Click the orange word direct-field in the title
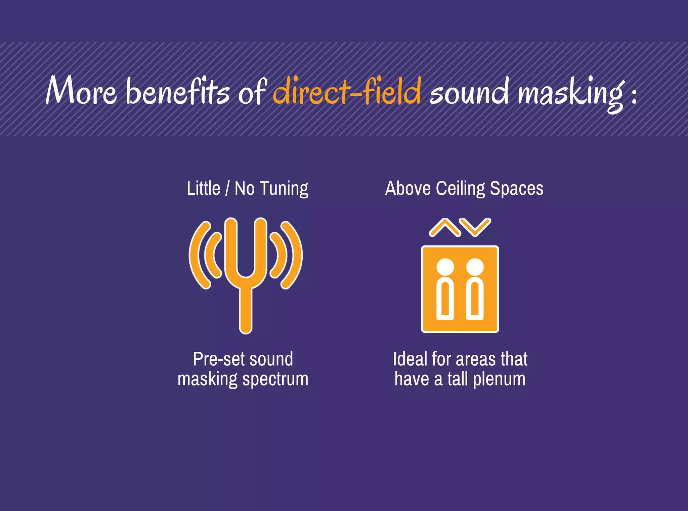tap(347, 91)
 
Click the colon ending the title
tap(634, 94)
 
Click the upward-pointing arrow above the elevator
tap(444, 227)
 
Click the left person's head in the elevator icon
tap(445, 267)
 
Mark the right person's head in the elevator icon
tap(475, 267)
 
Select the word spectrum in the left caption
tap(275, 379)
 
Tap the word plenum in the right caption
tap(499, 379)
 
